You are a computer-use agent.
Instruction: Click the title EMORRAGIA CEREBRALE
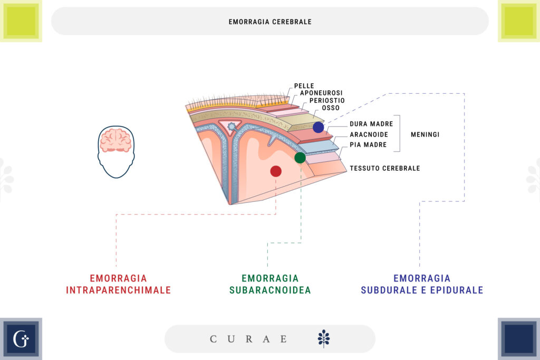(270, 22)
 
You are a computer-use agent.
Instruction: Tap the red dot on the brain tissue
(276, 171)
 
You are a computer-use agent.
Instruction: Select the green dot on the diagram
(300, 158)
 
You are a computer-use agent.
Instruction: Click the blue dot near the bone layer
(318, 127)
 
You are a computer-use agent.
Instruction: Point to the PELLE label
(304, 86)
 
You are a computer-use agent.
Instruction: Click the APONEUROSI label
(321, 93)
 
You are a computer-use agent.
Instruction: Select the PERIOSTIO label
(327, 101)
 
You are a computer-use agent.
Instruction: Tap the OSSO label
(331, 108)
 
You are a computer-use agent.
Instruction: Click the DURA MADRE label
(371, 124)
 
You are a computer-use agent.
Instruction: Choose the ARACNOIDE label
(369, 134)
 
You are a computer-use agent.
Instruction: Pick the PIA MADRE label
(368, 144)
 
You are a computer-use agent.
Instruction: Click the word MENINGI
(425, 134)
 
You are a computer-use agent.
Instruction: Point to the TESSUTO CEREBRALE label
(384, 168)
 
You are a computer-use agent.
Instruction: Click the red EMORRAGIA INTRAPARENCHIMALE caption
(118, 284)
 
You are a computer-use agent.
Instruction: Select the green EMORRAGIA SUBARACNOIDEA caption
(270, 284)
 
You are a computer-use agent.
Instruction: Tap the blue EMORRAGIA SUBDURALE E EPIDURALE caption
(422, 284)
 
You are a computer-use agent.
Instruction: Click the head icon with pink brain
(116, 151)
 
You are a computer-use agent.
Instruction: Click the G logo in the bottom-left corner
(21, 339)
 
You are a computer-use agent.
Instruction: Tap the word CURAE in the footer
(249, 339)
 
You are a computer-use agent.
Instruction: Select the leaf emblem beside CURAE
(324, 338)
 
